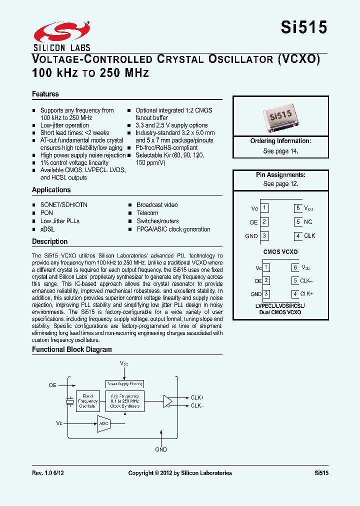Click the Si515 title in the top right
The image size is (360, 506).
click(x=304, y=27)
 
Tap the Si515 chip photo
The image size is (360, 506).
click(x=280, y=118)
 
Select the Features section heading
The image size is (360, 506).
click(x=45, y=94)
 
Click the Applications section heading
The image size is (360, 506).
click(x=51, y=190)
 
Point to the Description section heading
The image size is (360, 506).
click(x=49, y=241)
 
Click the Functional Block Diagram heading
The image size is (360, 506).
click(x=72, y=349)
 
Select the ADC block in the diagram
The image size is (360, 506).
click(x=103, y=423)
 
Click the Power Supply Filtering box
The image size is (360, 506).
click(x=124, y=384)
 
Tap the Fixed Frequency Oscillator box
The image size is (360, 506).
click(x=88, y=401)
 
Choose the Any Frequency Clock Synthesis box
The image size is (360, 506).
click(x=124, y=401)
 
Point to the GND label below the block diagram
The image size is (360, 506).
click(x=161, y=449)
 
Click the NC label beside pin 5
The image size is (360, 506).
click(x=308, y=222)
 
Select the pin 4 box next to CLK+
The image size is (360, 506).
click(x=296, y=294)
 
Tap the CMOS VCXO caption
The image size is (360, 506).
click(x=280, y=252)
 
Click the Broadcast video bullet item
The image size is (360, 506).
click(x=157, y=205)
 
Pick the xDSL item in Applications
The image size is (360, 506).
click(x=47, y=229)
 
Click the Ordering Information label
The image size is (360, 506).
click(x=280, y=141)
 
